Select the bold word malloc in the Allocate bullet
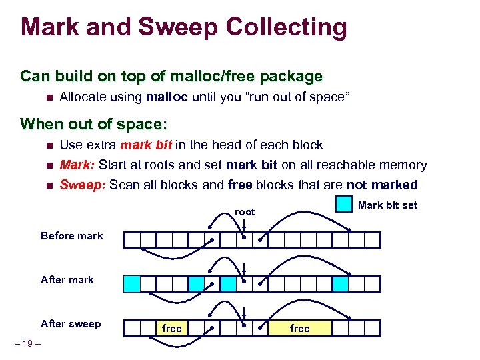[x=167, y=97]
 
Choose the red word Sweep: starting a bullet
[x=83, y=185]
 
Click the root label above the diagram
[x=245, y=212]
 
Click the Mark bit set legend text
[x=387, y=205]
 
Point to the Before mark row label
[x=72, y=236]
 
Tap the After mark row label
[x=67, y=280]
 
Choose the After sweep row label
[x=71, y=324]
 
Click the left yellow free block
[x=172, y=328]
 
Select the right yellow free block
[x=300, y=328]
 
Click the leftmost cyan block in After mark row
[x=132, y=285]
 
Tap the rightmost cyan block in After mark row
[x=341, y=285]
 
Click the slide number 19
[x=27, y=343]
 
